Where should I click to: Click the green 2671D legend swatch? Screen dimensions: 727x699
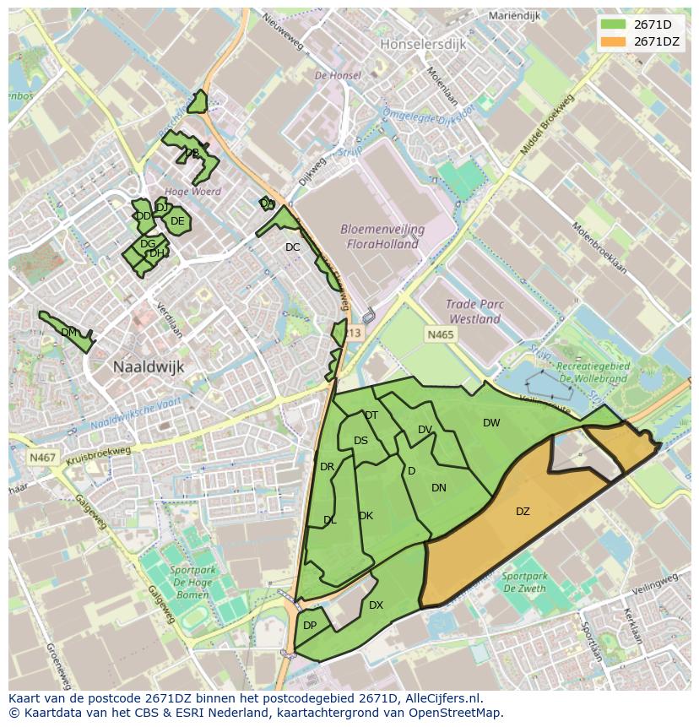pos(614,24)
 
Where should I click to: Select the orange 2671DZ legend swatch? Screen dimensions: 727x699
pos(614,41)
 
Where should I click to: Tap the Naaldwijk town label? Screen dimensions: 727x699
pos(149,366)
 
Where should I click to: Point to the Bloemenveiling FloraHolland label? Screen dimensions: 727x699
pos(382,236)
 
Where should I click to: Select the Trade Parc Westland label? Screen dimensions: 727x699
pos(474,312)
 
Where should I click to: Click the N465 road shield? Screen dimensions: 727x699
pos(440,335)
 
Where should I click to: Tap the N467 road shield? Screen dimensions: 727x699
pos(41,458)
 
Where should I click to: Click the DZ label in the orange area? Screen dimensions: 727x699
pos(523,511)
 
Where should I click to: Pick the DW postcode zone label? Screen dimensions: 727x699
pos(491,422)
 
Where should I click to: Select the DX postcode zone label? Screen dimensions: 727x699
pos(376,605)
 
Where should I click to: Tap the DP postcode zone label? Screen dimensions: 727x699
pos(310,625)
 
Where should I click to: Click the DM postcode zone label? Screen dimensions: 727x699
pos(69,332)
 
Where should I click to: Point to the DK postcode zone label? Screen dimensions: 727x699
pos(366,515)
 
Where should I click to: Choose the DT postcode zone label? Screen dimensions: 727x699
pos(371,415)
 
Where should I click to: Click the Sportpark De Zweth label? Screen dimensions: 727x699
pos(523,582)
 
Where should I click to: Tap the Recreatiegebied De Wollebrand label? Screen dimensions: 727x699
pos(593,372)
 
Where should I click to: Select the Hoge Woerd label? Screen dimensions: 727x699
pos(193,192)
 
